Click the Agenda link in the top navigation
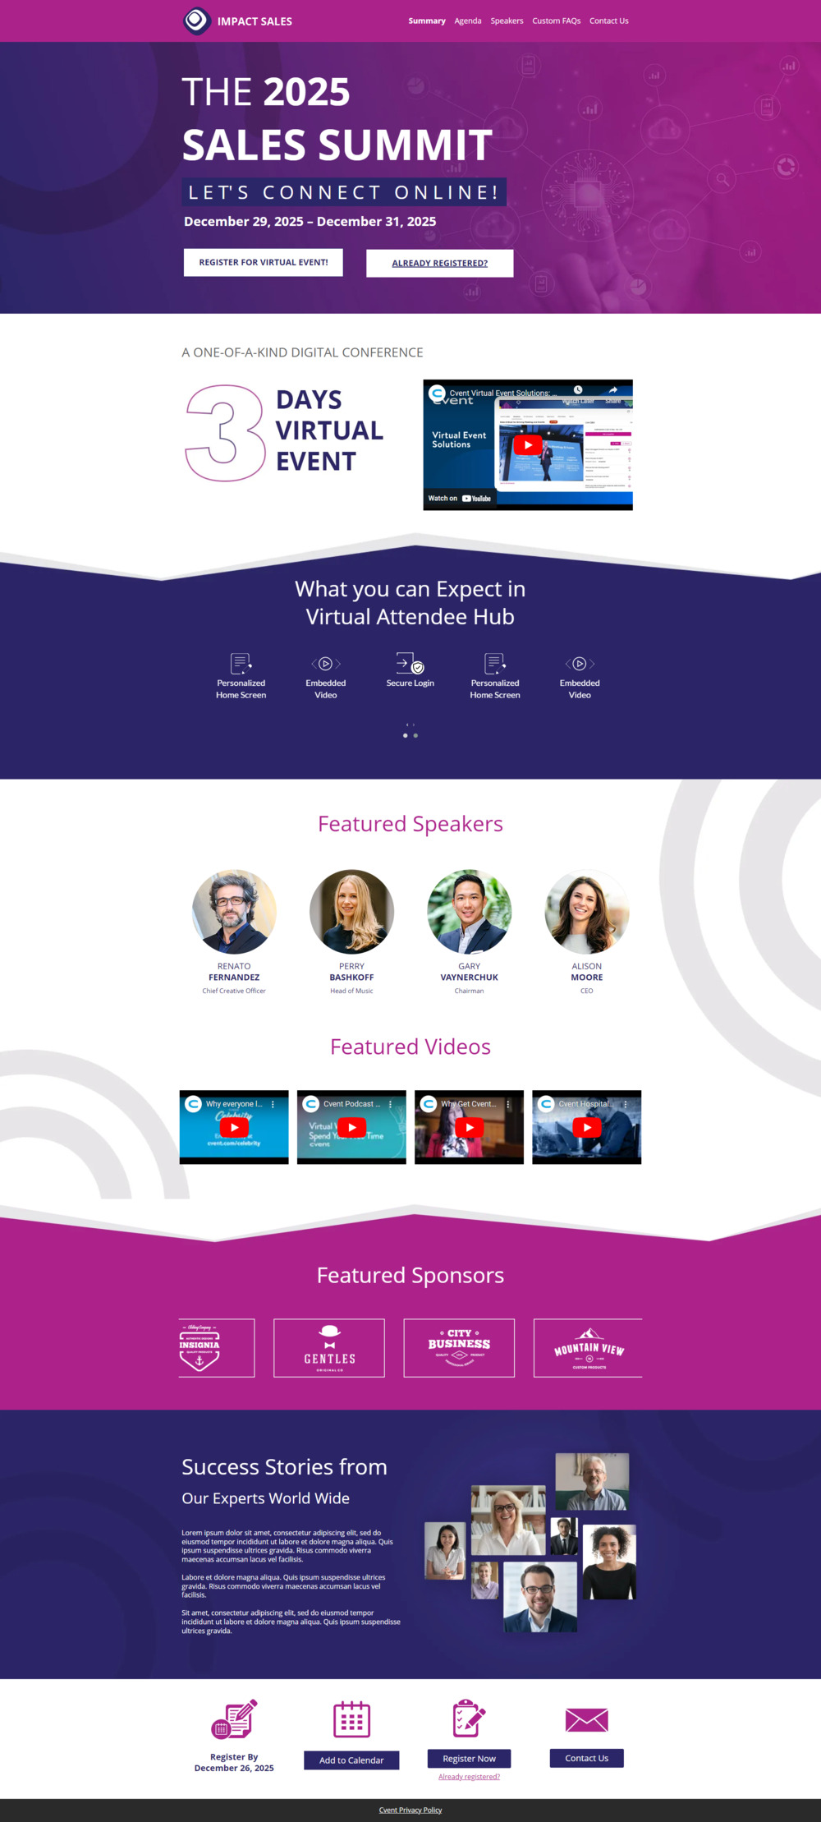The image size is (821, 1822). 468,21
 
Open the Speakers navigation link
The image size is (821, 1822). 507,21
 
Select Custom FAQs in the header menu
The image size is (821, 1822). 556,21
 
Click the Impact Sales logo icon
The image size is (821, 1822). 196,21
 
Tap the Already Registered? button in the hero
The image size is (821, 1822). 439,263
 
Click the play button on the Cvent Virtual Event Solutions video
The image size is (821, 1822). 527,444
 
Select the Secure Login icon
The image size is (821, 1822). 410,663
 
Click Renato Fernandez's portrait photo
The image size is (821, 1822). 234,912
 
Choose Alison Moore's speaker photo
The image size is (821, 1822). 586,912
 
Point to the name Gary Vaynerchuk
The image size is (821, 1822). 469,973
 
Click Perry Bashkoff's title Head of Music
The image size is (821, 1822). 351,992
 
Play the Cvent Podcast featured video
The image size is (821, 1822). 351,1127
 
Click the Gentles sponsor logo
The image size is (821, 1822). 329,1348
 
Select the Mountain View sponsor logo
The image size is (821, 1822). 588,1348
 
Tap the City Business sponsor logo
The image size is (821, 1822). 459,1348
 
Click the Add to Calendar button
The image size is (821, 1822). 351,1760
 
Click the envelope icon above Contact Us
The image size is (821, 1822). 586,1719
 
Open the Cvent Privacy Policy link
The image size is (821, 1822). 410,1810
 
